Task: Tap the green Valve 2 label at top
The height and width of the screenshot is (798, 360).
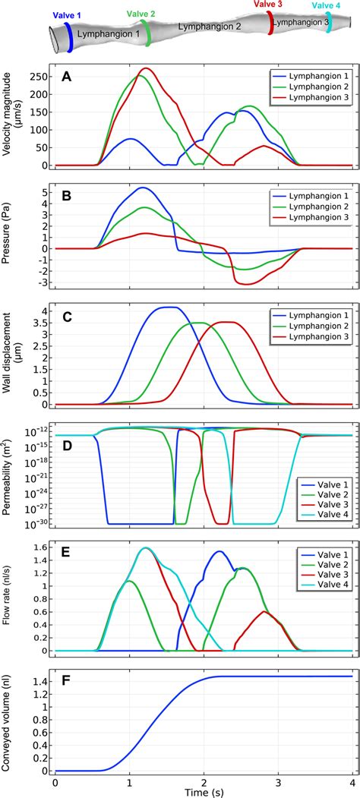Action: pos(141,13)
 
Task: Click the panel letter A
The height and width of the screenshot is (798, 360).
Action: pos(68,77)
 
